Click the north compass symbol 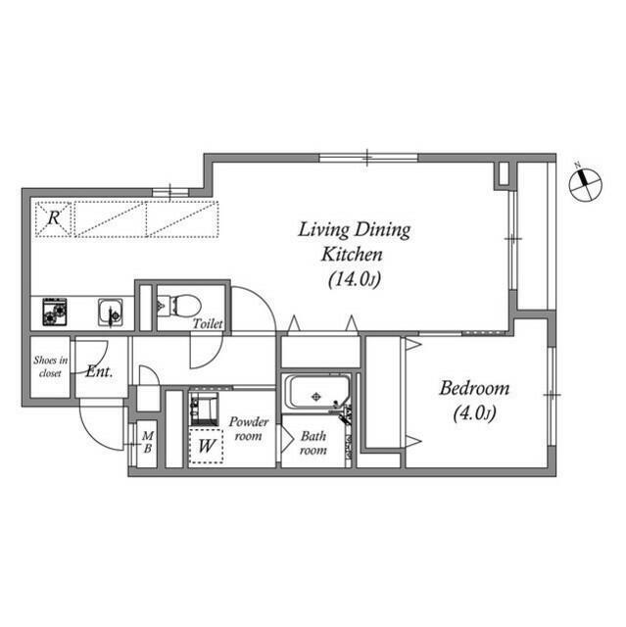point(585,184)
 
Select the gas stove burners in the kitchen point(54,312)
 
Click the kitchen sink point(111,312)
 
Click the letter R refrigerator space point(54,218)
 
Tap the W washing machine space point(206,446)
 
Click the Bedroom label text point(474,388)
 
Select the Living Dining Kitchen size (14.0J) point(355,279)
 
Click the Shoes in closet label point(50,366)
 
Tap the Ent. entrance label point(99,372)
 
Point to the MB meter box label point(148,442)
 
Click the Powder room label point(248,429)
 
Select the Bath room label point(313,443)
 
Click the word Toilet point(208,323)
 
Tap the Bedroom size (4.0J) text point(474,413)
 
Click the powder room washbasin point(204,409)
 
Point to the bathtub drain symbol point(316,397)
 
